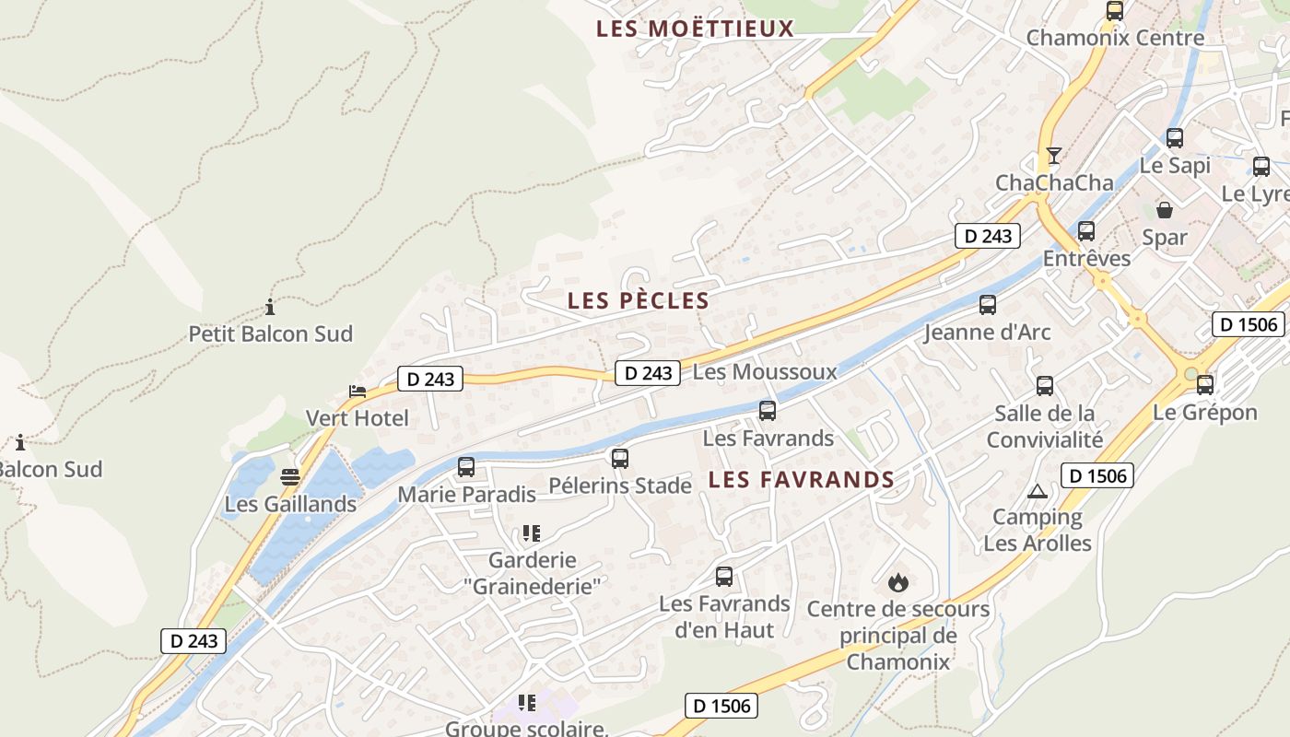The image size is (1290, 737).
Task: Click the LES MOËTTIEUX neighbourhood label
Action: click(695, 29)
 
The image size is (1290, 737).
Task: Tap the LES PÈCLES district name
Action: click(639, 300)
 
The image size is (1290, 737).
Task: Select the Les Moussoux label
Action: click(764, 372)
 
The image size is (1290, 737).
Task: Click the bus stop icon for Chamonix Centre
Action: click(1115, 11)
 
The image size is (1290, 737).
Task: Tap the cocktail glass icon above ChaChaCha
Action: click(1054, 155)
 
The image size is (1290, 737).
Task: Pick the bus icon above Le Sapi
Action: click(1175, 138)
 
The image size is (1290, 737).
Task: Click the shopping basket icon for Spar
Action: click(1165, 210)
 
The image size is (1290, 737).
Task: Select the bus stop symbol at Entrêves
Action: click(1086, 231)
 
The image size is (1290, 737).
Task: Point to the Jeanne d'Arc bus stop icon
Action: click(988, 305)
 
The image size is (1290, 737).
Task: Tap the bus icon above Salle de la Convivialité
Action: click(1045, 386)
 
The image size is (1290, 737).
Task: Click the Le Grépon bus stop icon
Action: click(1205, 385)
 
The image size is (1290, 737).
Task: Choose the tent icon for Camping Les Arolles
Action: click(1038, 491)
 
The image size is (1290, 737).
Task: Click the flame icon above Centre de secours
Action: click(897, 582)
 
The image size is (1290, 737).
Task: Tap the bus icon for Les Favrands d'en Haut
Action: click(724, 577)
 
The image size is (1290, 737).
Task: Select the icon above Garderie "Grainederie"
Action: click(531, 532)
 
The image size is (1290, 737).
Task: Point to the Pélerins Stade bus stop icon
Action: click(620, 458)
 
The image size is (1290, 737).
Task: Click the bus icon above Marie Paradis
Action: click(466, 467)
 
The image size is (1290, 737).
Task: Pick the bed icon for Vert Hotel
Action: click(358, 392)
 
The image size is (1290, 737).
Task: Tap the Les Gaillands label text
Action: click(290, 504)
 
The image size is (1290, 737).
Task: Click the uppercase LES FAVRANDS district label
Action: click(802, 479)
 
